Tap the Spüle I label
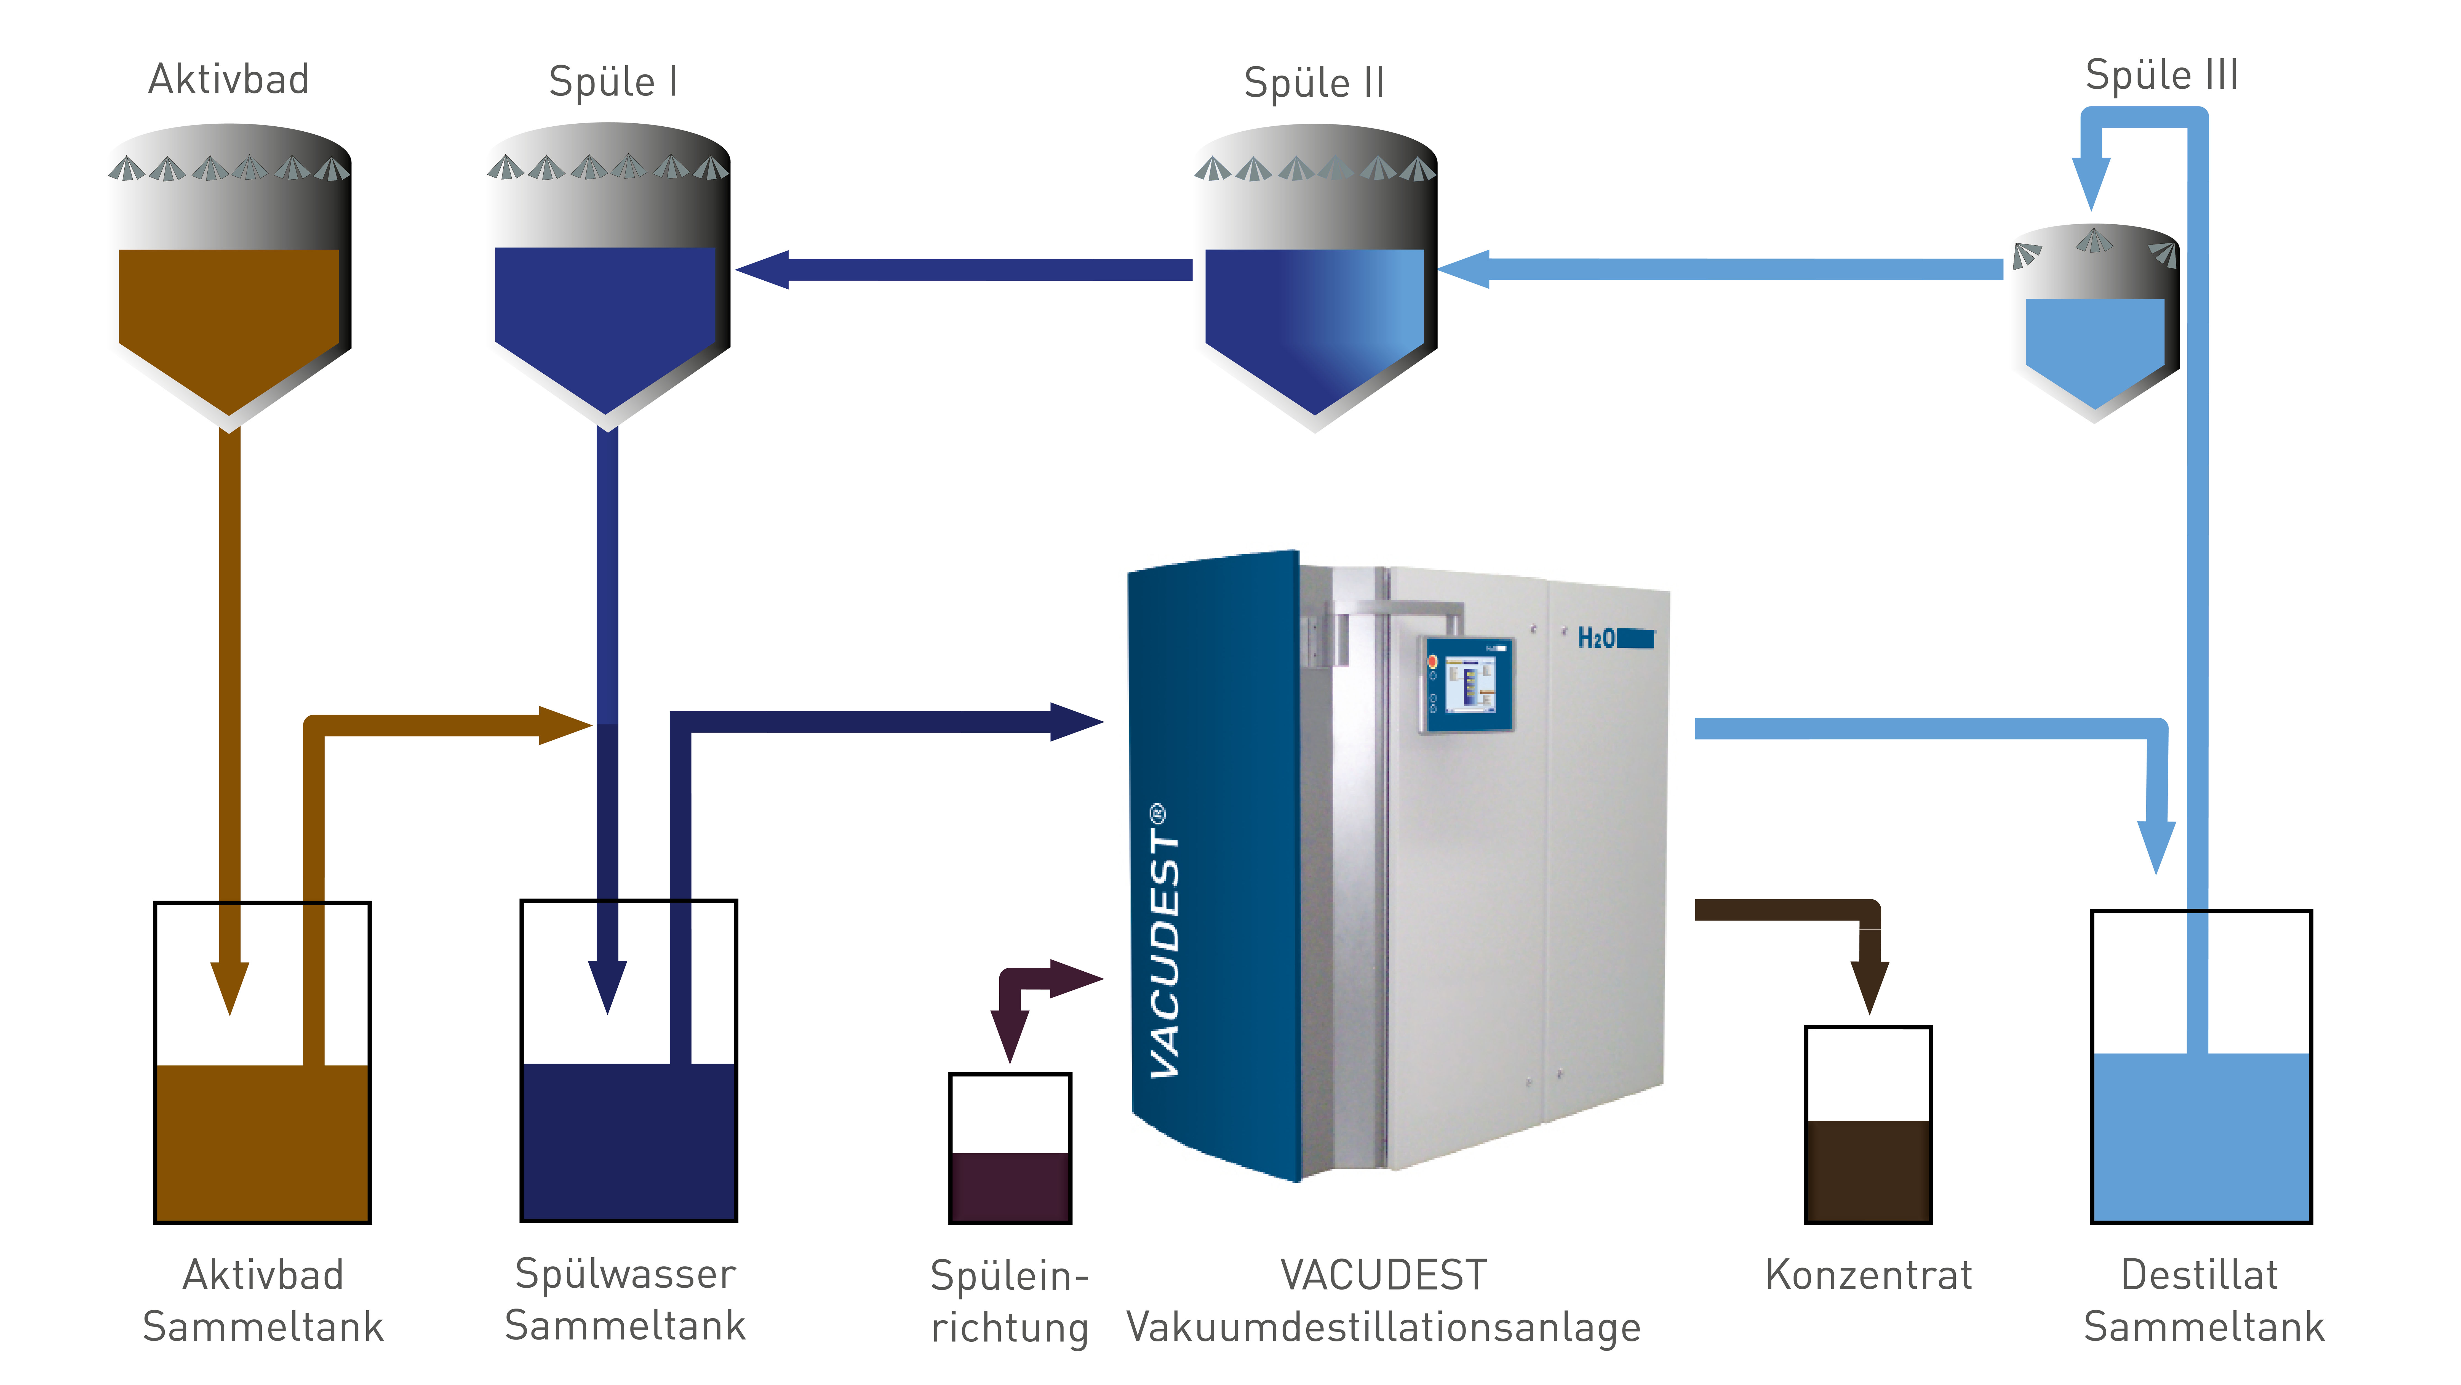pyautogui.click(x=613, y=82)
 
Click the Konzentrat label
pyautogui.click(x=1869, y=1275)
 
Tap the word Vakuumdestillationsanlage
pyautogui.click(x=1383, y=1328)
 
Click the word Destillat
pyautogui.click(x=2199, y=1275)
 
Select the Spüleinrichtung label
pyautogui.click(x=1010, y=1302)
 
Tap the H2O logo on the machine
pyautogui.click(x=1614, y=639)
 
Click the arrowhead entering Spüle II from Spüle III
pyautogui.click(x=1464, y=270)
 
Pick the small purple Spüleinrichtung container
pyautogui.click(x=1010, y=1148)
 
